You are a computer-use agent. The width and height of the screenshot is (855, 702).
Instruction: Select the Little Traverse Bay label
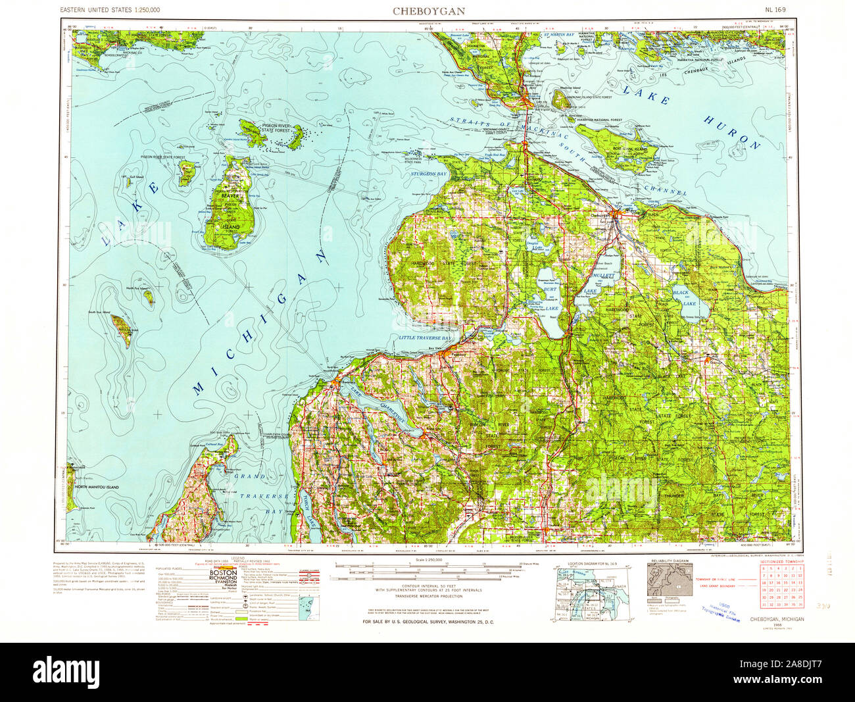(x=425, y=338)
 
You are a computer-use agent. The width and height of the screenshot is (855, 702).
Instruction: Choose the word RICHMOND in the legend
(x=224, y=580)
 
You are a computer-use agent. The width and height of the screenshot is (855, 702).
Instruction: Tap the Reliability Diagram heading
(x=670, y=561)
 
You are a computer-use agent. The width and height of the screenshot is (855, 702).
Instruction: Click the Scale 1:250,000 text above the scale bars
(x=430, y=559)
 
